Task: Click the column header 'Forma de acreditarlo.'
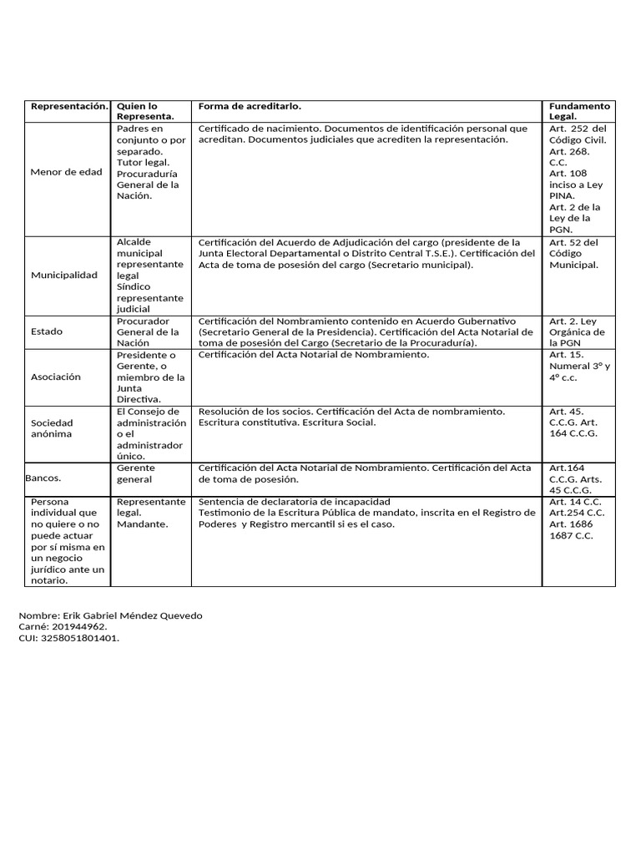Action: click(250, 107)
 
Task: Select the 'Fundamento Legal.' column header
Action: click(579, 112)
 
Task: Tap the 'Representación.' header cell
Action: click(69, 107)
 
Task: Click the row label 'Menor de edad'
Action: click(66, 172)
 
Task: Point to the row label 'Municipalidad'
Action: click(63, 275)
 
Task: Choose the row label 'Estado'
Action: click(47, 331)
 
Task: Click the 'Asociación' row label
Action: click(56, 377)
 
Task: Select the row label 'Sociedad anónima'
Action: click(52, 428)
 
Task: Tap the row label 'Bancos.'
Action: click(43, 479)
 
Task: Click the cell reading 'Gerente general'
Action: click(136, 474)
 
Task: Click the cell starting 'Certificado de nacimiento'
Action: click(363, 134)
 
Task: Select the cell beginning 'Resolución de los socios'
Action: click(351, 417)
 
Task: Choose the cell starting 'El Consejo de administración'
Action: click(151, 434)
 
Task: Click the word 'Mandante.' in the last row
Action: click(143, 524)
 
